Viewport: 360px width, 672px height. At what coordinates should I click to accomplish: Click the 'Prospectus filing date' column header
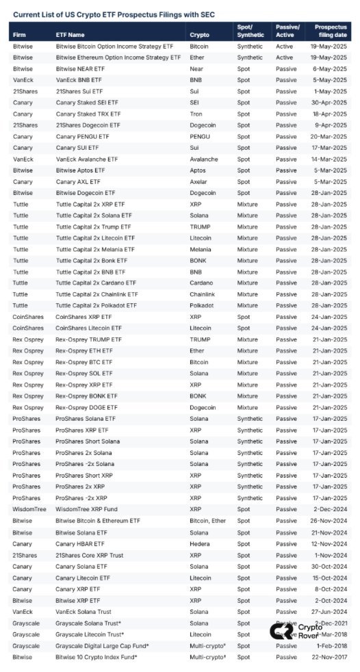(330, 30)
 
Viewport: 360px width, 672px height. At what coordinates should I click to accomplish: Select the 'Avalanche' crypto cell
(204, 159)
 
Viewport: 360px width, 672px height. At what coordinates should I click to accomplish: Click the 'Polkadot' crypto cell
(202, 305)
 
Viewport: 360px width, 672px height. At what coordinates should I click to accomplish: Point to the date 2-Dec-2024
(333, 509)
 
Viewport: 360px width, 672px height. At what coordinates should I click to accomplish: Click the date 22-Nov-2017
(330, 656)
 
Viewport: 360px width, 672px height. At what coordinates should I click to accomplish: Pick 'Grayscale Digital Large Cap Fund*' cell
(103, 645)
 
